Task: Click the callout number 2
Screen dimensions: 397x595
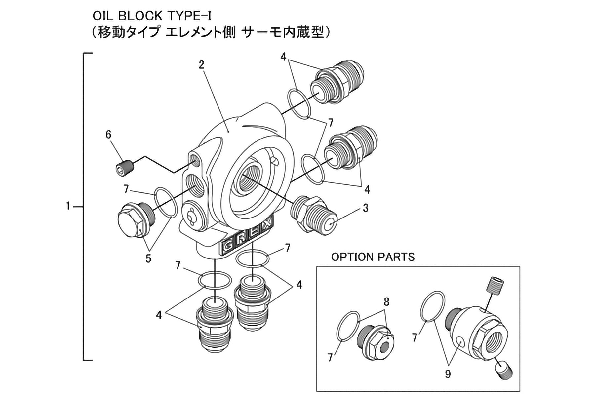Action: pos(201,65)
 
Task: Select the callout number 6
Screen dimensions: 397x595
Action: pos(108,135)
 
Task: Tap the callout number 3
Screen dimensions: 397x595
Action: pos(365,208)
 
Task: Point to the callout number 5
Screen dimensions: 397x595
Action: pos(148,258)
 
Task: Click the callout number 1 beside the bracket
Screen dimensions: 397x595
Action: pos(68,206)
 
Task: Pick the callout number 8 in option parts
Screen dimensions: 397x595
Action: pos(386,301)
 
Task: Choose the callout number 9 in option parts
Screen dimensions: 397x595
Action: pos(448,374)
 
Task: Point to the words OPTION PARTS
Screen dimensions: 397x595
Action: pos(373,257)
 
